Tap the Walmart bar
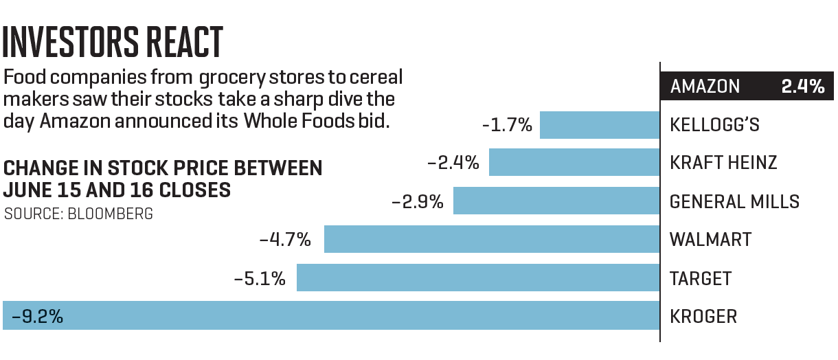point(491,240)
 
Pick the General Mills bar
point(556,201)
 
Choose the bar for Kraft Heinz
point(574,163)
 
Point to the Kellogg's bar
point(599,125)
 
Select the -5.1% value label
point(259,278)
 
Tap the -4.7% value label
point(285,240)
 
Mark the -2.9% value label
point(417,202)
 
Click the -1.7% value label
point(507,125)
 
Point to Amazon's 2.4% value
point(802,87)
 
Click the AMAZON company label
point(705,87)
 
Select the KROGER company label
point(703,317)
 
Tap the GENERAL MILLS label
point(734,202)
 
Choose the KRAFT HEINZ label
point(723,163)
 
